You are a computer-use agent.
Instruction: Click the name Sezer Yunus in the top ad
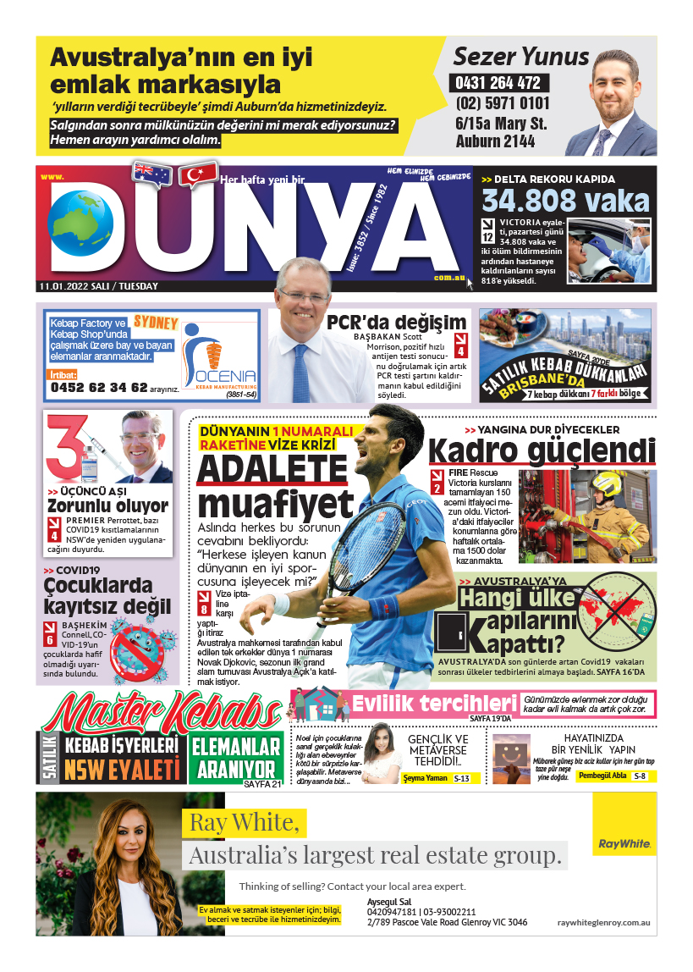[520, 57]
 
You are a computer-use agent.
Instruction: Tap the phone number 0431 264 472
[498, 84]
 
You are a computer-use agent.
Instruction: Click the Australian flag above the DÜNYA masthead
[152, 174]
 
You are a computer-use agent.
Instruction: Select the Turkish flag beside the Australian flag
[198, 175]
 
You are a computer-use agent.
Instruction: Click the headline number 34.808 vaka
[565, 201]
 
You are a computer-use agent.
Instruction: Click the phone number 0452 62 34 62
[99, 388]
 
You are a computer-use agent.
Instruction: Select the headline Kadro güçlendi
[542, 451]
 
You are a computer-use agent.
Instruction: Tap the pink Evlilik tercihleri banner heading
[433, 704]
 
